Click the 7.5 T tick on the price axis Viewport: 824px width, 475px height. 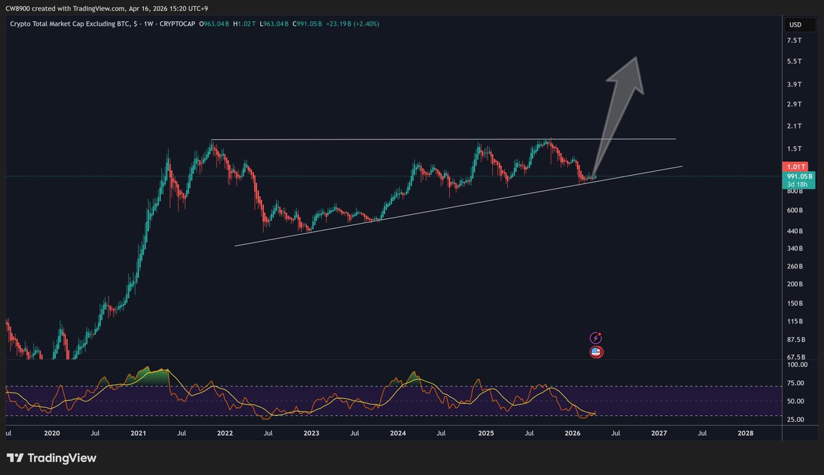[794, 40]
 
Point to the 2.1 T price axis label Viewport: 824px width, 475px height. [794, 126]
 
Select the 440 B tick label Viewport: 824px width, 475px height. [794, 231]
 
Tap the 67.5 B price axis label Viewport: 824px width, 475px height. [795, 357]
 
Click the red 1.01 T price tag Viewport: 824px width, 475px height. [794, 166]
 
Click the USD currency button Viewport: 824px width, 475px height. [795, 25]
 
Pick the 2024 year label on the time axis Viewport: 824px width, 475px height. [398, 434]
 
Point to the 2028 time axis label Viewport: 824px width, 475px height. [745, 434]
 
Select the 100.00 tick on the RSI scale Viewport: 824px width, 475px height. [797, 366]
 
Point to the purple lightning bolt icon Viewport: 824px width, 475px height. [596, 338]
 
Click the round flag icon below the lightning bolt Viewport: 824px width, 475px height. [596, 352]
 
